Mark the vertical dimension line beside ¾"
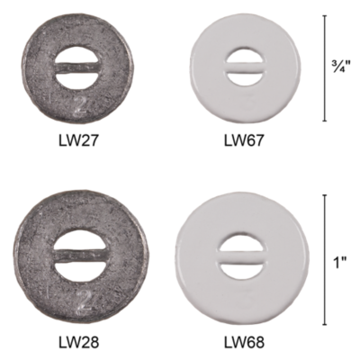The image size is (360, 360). (x=325, y=67)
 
